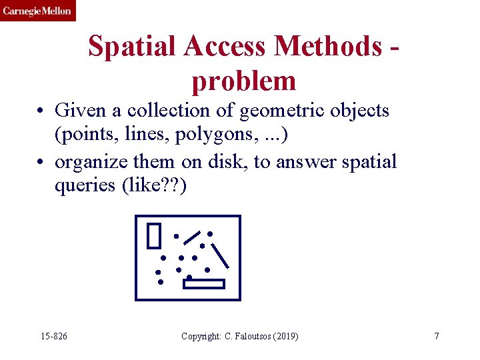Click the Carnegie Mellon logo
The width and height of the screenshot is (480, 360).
tap(37, 11)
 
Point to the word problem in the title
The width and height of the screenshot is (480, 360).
tap(243, 81)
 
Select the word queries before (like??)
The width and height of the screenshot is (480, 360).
tap(85, 186)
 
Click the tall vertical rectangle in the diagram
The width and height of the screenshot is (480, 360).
tap(154, 235)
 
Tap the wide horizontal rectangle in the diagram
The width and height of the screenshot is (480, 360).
tap(205, 284)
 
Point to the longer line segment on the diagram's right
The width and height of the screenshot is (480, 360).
tap(220, 255)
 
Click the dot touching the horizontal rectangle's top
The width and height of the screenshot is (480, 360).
tap(189, 277)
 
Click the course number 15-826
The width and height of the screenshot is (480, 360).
tap(53, 336)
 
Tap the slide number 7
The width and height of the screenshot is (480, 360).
tap(436, 336)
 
